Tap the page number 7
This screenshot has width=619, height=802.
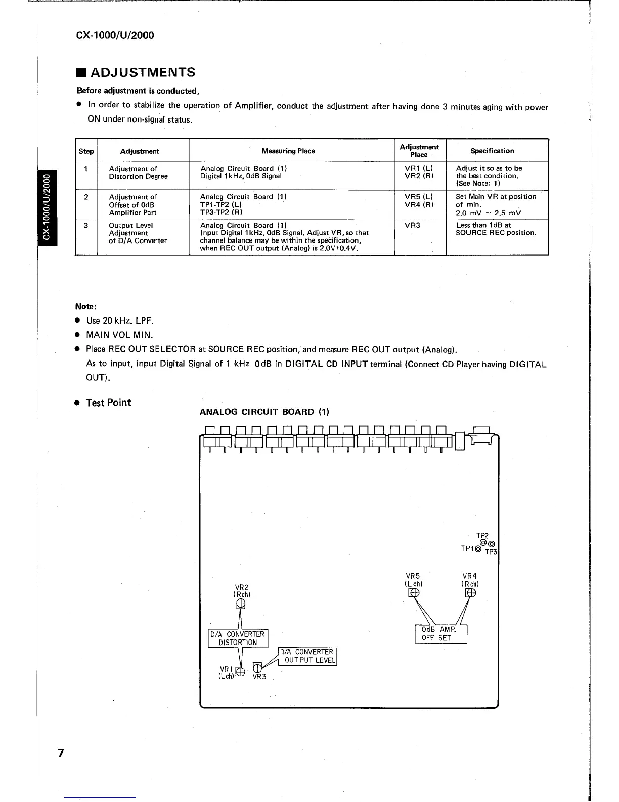click(61, 753)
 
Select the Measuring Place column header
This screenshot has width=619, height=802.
click(288, 151)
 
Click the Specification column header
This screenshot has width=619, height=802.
click(492, 151)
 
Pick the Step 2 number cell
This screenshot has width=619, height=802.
click(86, 197)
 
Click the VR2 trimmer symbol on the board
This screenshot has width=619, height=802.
click(241, 604)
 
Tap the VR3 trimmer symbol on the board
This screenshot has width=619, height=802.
click(257, 667)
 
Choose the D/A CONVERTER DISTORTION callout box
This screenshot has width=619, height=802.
click(238, 638)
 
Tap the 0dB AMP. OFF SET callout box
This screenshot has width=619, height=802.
click(440, 634)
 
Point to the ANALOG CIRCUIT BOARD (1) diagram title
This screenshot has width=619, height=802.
click(264, 412)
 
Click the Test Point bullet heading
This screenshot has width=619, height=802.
click(108, 403)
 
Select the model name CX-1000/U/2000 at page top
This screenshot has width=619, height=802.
click(115, 35)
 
